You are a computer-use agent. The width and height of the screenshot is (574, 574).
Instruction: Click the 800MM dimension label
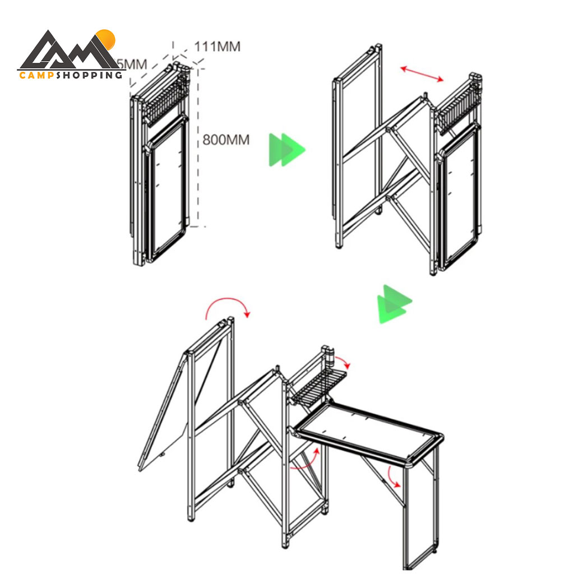click(x=226, y=140)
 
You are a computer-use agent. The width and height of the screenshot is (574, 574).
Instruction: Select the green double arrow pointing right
click(x=286, y=150)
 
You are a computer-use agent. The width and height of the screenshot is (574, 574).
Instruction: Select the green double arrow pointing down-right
click(x=394, y=304)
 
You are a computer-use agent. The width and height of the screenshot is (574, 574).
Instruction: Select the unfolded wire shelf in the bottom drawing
click(x=317, y=387)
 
